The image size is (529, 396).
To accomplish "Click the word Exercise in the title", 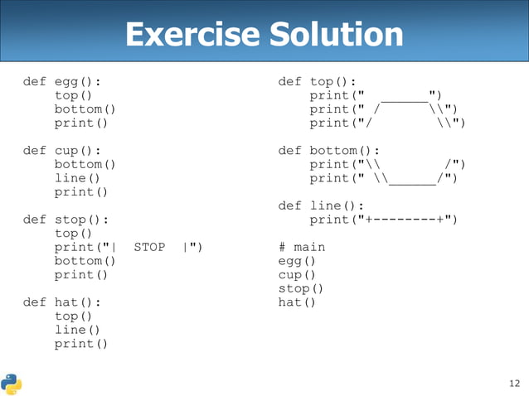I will click(x=192, y=35).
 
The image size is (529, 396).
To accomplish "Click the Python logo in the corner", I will click(x=12, y=383).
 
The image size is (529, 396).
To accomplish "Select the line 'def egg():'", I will click(x=66, y=82).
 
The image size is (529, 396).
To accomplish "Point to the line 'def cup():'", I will click(x=66, y=151).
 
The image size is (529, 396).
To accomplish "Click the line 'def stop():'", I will click(x=70, y=220).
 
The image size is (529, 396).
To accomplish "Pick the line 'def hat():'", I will click(x=66, y=302).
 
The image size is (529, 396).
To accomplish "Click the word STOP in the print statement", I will click(x=149, y=247).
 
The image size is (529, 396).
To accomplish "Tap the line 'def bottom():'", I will click(x=329, y=151).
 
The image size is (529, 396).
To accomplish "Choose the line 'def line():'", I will click(x=322, y=205).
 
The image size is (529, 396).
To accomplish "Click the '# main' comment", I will click(x=302, y=247).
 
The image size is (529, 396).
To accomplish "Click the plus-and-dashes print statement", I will click(x=383, y=220).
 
